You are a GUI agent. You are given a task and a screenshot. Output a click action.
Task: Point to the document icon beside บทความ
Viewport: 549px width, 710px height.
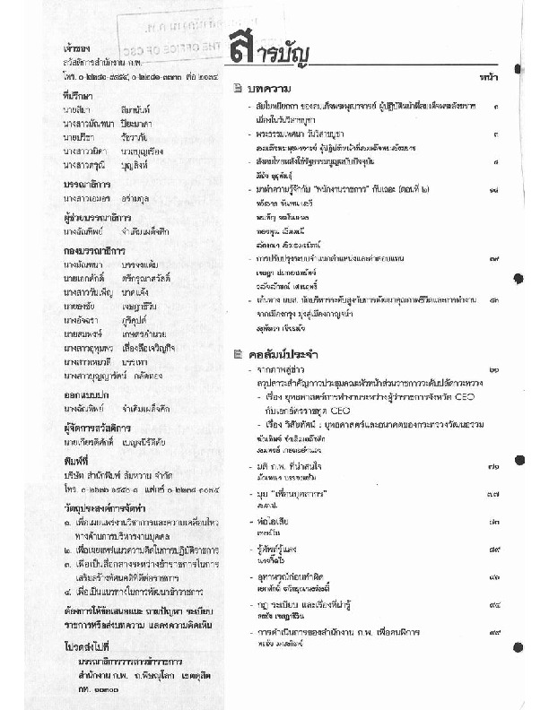pos(237,88)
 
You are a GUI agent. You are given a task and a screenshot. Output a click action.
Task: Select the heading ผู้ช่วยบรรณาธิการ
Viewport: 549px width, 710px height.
pos(91,217)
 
